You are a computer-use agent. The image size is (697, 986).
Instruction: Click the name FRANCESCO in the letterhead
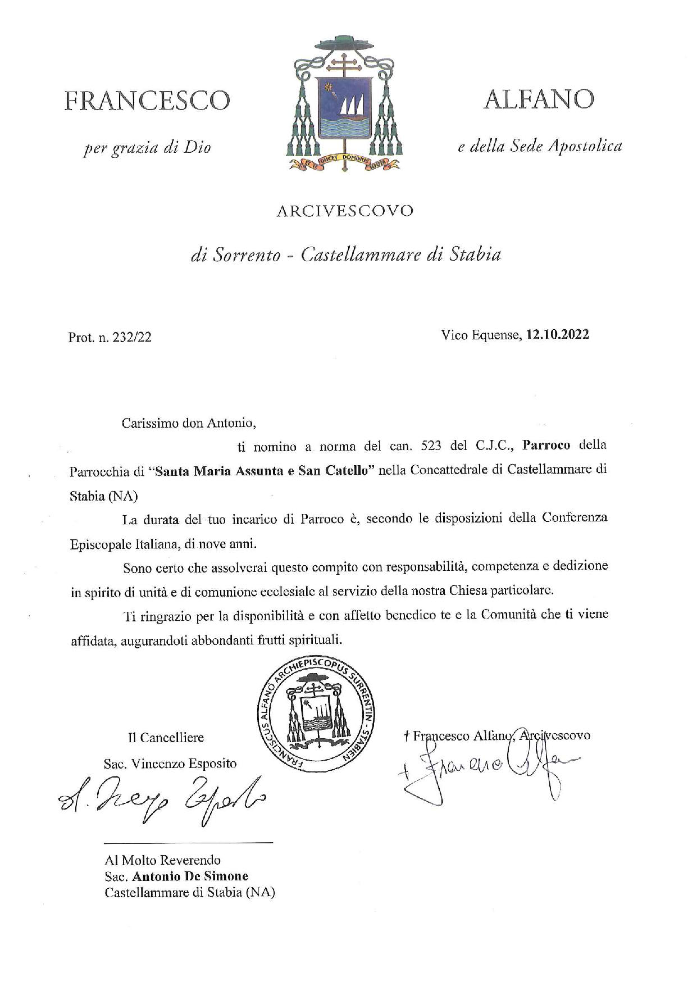point(147,101)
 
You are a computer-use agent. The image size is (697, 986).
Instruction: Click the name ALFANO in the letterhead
point(538,99)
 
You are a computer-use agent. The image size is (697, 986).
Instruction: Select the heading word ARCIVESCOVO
point(345,211)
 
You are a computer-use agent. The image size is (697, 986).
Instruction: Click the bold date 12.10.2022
point(557,335)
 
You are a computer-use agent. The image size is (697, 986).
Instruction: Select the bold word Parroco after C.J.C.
point(546,446)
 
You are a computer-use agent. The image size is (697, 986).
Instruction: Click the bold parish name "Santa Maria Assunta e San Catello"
point(263,471)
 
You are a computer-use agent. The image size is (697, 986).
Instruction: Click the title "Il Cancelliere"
point(166,738)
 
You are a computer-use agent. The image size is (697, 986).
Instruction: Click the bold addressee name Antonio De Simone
point(190,876)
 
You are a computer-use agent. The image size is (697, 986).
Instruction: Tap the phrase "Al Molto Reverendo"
point(163,860)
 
